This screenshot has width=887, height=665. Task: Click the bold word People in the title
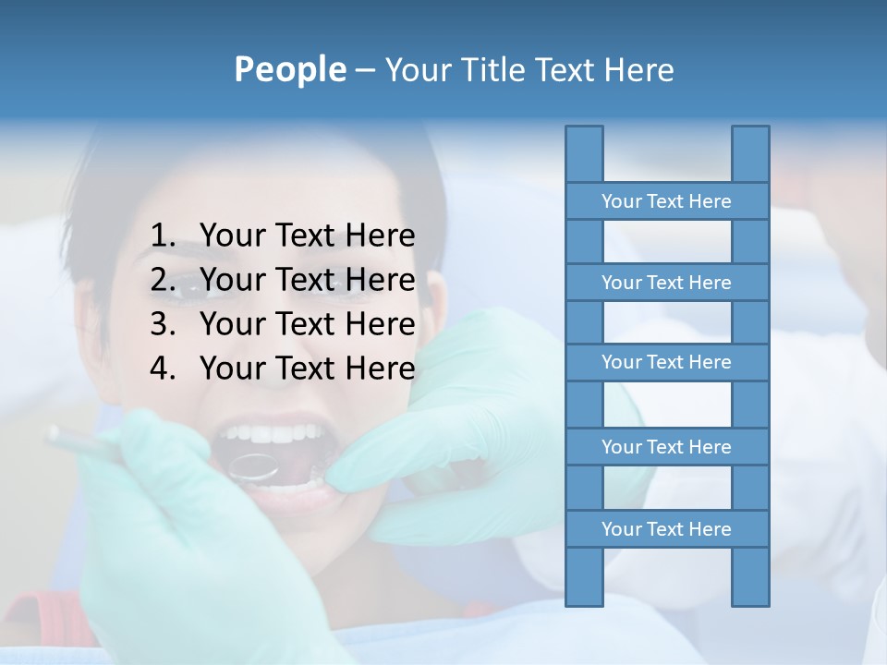tap(289, 69)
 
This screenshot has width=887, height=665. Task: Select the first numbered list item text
tap(307, 236)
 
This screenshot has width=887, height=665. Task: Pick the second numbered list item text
tap(307, 280)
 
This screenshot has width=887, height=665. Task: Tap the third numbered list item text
tap(307, 324)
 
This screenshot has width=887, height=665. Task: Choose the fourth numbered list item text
tap(307, 369)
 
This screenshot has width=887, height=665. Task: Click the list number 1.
tap(163, 236)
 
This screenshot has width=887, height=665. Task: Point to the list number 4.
tap(163, 369)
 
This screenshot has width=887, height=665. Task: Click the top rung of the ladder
tap(666, 201)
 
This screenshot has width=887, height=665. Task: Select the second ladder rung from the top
tap(666, 283)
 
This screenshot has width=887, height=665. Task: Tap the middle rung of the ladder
tap(666, 362)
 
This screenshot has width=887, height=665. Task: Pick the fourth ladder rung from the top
tap(666, 447)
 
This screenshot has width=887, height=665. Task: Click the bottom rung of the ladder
tap(666, 529)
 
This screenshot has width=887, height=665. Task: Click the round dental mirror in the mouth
tap(252, 466)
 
